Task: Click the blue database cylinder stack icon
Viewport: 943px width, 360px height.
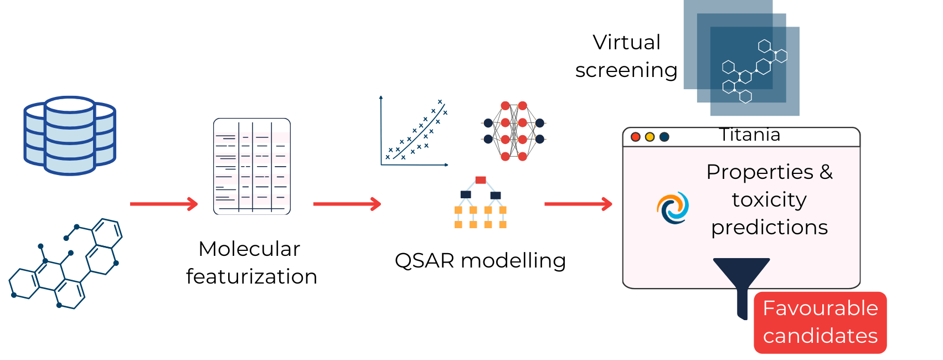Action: (x=70, y=136)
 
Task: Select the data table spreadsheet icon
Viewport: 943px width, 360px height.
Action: (x=252, y=166)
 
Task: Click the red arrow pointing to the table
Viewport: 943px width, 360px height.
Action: (x=164, y=204)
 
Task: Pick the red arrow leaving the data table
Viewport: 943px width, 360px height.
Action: (x=347, y=204)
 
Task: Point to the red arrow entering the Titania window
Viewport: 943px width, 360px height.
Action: (x=578, y=204)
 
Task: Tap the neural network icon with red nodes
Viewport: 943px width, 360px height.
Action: (x=514, y=131)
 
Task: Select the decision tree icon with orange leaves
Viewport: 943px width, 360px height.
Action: (x=481, y=202)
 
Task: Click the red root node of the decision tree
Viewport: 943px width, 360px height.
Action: (x=481, y=180)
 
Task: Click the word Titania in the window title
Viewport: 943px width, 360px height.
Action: (x=750, y=135)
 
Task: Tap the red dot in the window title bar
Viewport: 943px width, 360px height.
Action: (x=636, y=137)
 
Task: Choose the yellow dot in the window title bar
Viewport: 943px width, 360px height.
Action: (x=650, y=137)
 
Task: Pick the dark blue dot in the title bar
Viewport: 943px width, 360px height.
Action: (x=664, y=137)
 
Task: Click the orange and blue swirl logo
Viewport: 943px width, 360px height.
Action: (x=673, y=208)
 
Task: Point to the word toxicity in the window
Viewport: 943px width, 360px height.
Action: (x=769, y=199)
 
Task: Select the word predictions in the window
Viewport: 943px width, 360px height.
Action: (x=769, y=227)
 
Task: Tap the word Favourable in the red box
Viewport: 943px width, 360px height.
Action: (x=820, y=308)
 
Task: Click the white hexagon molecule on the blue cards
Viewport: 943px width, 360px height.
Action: (x=754, y=71)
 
